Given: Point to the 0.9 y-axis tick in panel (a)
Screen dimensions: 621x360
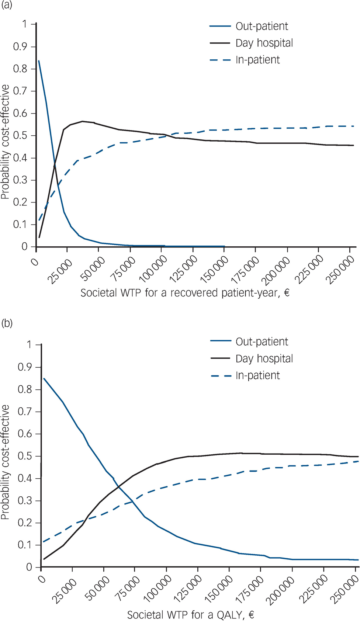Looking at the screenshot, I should pyautogui.click(x=20, y=46).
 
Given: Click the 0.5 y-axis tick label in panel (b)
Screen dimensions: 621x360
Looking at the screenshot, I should pyautogui.click(x=25, y=456).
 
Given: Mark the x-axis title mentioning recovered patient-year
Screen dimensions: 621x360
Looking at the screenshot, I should pyautogui.click(x=185, y=293).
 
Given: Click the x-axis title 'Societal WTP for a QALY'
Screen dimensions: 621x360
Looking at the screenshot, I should pyautogui.click(x=190, y=615).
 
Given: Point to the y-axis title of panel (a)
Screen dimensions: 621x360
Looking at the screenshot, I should pyautogui.click(x=5, y=142).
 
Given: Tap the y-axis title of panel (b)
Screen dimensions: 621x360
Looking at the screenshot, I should pyautogui.click(x=5, y=462).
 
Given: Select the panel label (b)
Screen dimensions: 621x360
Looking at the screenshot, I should pyautogui.click(x=6, y=323).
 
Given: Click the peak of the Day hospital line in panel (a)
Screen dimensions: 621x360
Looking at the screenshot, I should pyautogui.click(x=82, y=121).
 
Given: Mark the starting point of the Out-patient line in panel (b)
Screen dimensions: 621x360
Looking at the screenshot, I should pyautogui.click(x=44, y=378).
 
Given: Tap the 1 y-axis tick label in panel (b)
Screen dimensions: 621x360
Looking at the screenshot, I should pyautogui.click(x=29, y=344).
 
